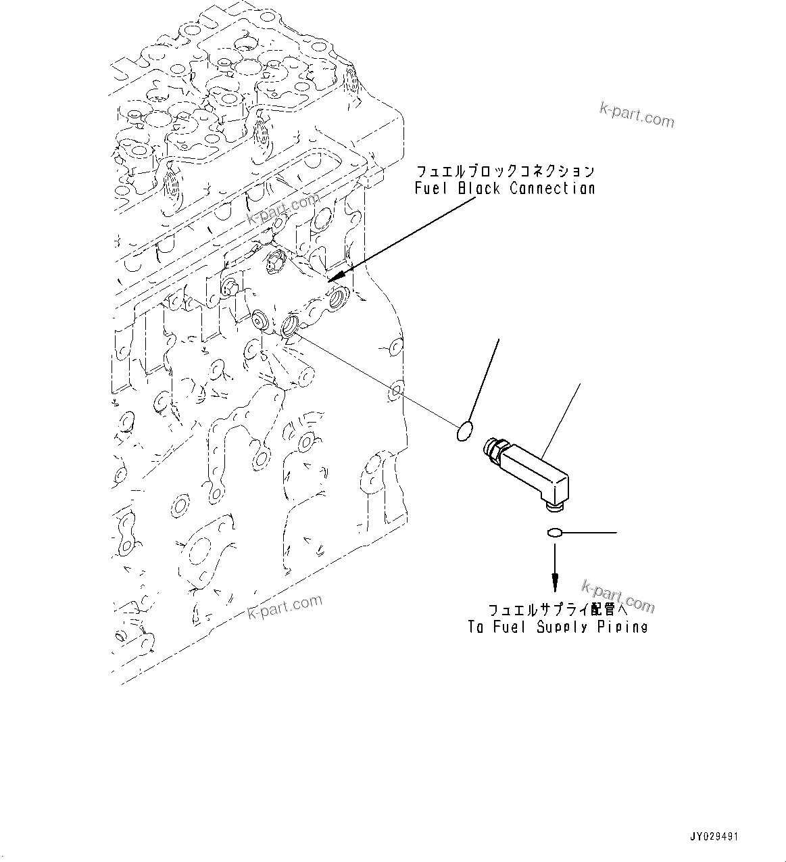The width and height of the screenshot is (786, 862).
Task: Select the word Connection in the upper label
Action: coord(552,189)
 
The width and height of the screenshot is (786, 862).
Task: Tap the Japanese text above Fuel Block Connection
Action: coord(505,171)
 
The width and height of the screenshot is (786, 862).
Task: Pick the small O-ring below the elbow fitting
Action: coord(554,533)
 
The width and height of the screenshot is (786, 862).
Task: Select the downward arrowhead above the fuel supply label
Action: coord(555,581)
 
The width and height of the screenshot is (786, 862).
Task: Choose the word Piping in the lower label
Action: coord(622,627)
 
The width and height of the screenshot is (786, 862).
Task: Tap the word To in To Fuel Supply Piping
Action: coord(476,627)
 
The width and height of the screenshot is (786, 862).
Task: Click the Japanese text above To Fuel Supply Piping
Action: coord(556,609)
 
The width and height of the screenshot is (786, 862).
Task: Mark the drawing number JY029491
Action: coord(714,836)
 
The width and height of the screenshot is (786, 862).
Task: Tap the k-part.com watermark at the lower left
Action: coord(285,607)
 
